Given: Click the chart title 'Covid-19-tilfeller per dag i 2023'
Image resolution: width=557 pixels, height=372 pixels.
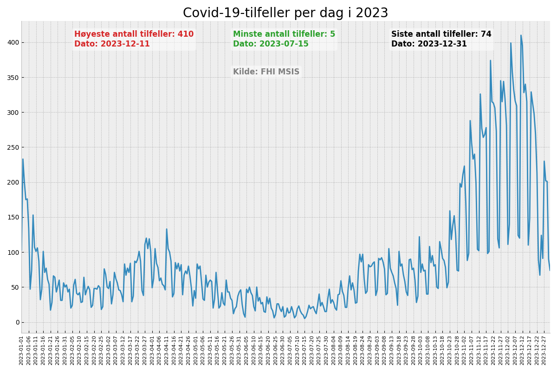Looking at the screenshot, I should pyautogui.click(x=285, y=13).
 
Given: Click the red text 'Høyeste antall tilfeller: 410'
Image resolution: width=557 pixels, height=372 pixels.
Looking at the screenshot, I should pyautogui.click(x=134, y=34).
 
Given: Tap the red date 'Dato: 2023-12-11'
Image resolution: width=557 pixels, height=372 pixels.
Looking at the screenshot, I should pyautogui.click(x=112, y=44).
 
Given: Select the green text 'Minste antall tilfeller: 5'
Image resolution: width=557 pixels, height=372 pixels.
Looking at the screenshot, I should pyautogui.click(x=284, y=34).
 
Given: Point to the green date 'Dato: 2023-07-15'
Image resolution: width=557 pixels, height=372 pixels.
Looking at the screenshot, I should pyautogui.click(x=271, y=44).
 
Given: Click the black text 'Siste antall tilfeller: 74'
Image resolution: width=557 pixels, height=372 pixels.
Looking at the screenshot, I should pyautogui.click(x=441, y=34).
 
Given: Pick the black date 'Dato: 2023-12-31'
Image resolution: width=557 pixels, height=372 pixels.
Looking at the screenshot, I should pyautogui.click(x=429, y=44).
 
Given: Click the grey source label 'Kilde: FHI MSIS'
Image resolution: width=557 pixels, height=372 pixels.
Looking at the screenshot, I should pyautogui.click(x=266, y=72).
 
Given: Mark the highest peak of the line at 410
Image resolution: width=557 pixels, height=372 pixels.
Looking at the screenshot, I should pyautogui.click(x=521, y=35).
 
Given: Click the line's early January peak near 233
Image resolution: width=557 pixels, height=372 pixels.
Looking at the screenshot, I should pyautogui.click(x=23, y=159).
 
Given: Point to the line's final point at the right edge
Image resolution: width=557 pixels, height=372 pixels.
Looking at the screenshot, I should pyautogui.click(x=550, y=270).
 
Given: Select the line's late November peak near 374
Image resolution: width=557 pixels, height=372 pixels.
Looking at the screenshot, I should pyautogui.click(x=490, y=60).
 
